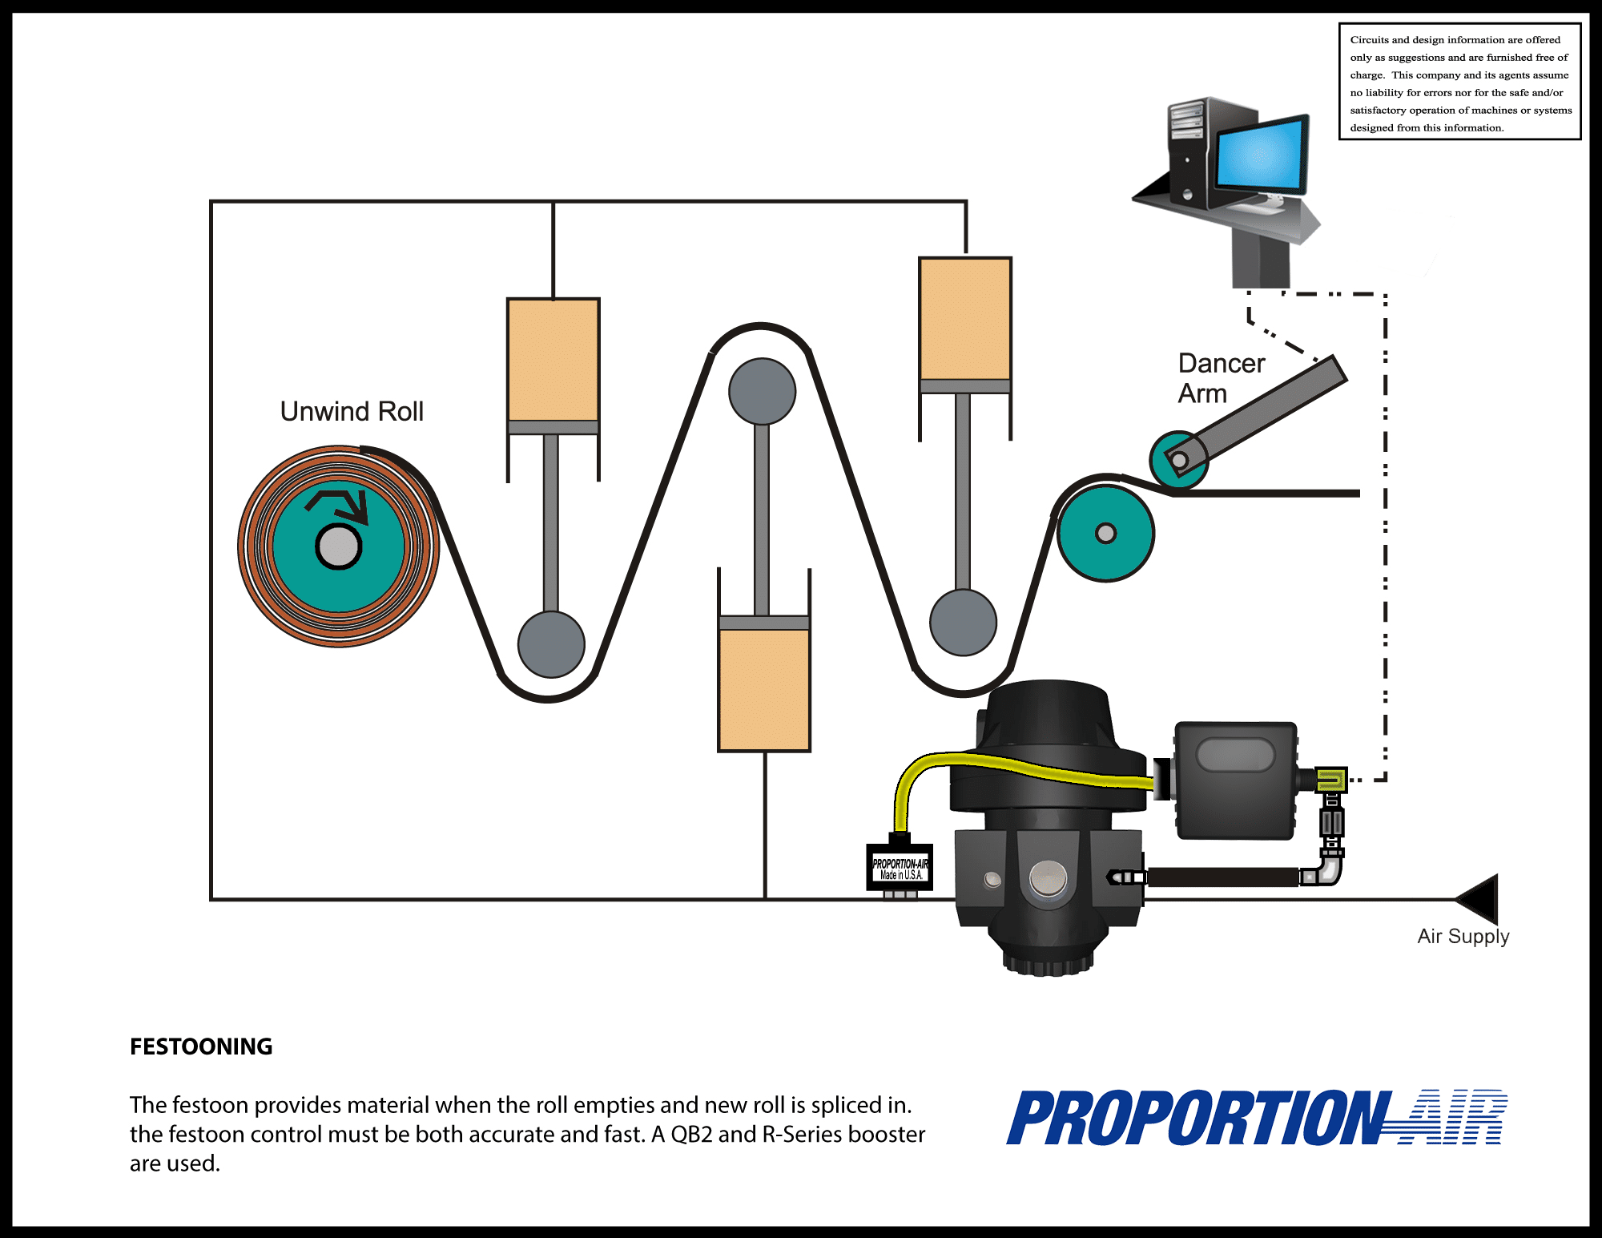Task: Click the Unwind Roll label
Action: click(352, 411)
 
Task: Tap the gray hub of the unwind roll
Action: click(339, 547)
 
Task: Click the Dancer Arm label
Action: click(1220, 378)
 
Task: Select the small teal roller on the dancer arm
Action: click(1177, 460)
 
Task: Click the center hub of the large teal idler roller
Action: click(1105, 533)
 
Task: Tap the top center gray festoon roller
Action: click(762, 391)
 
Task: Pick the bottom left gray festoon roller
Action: click(551, 644)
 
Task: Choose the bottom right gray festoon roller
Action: click(963, 623)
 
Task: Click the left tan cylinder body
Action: click(553, 359)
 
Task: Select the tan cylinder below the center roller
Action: click(764, 689)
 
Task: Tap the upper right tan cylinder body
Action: click(965, 318)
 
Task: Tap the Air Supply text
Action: click(1463, 936)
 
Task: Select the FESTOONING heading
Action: click(201, 1046)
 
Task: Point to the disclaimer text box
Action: click(1459, 83)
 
